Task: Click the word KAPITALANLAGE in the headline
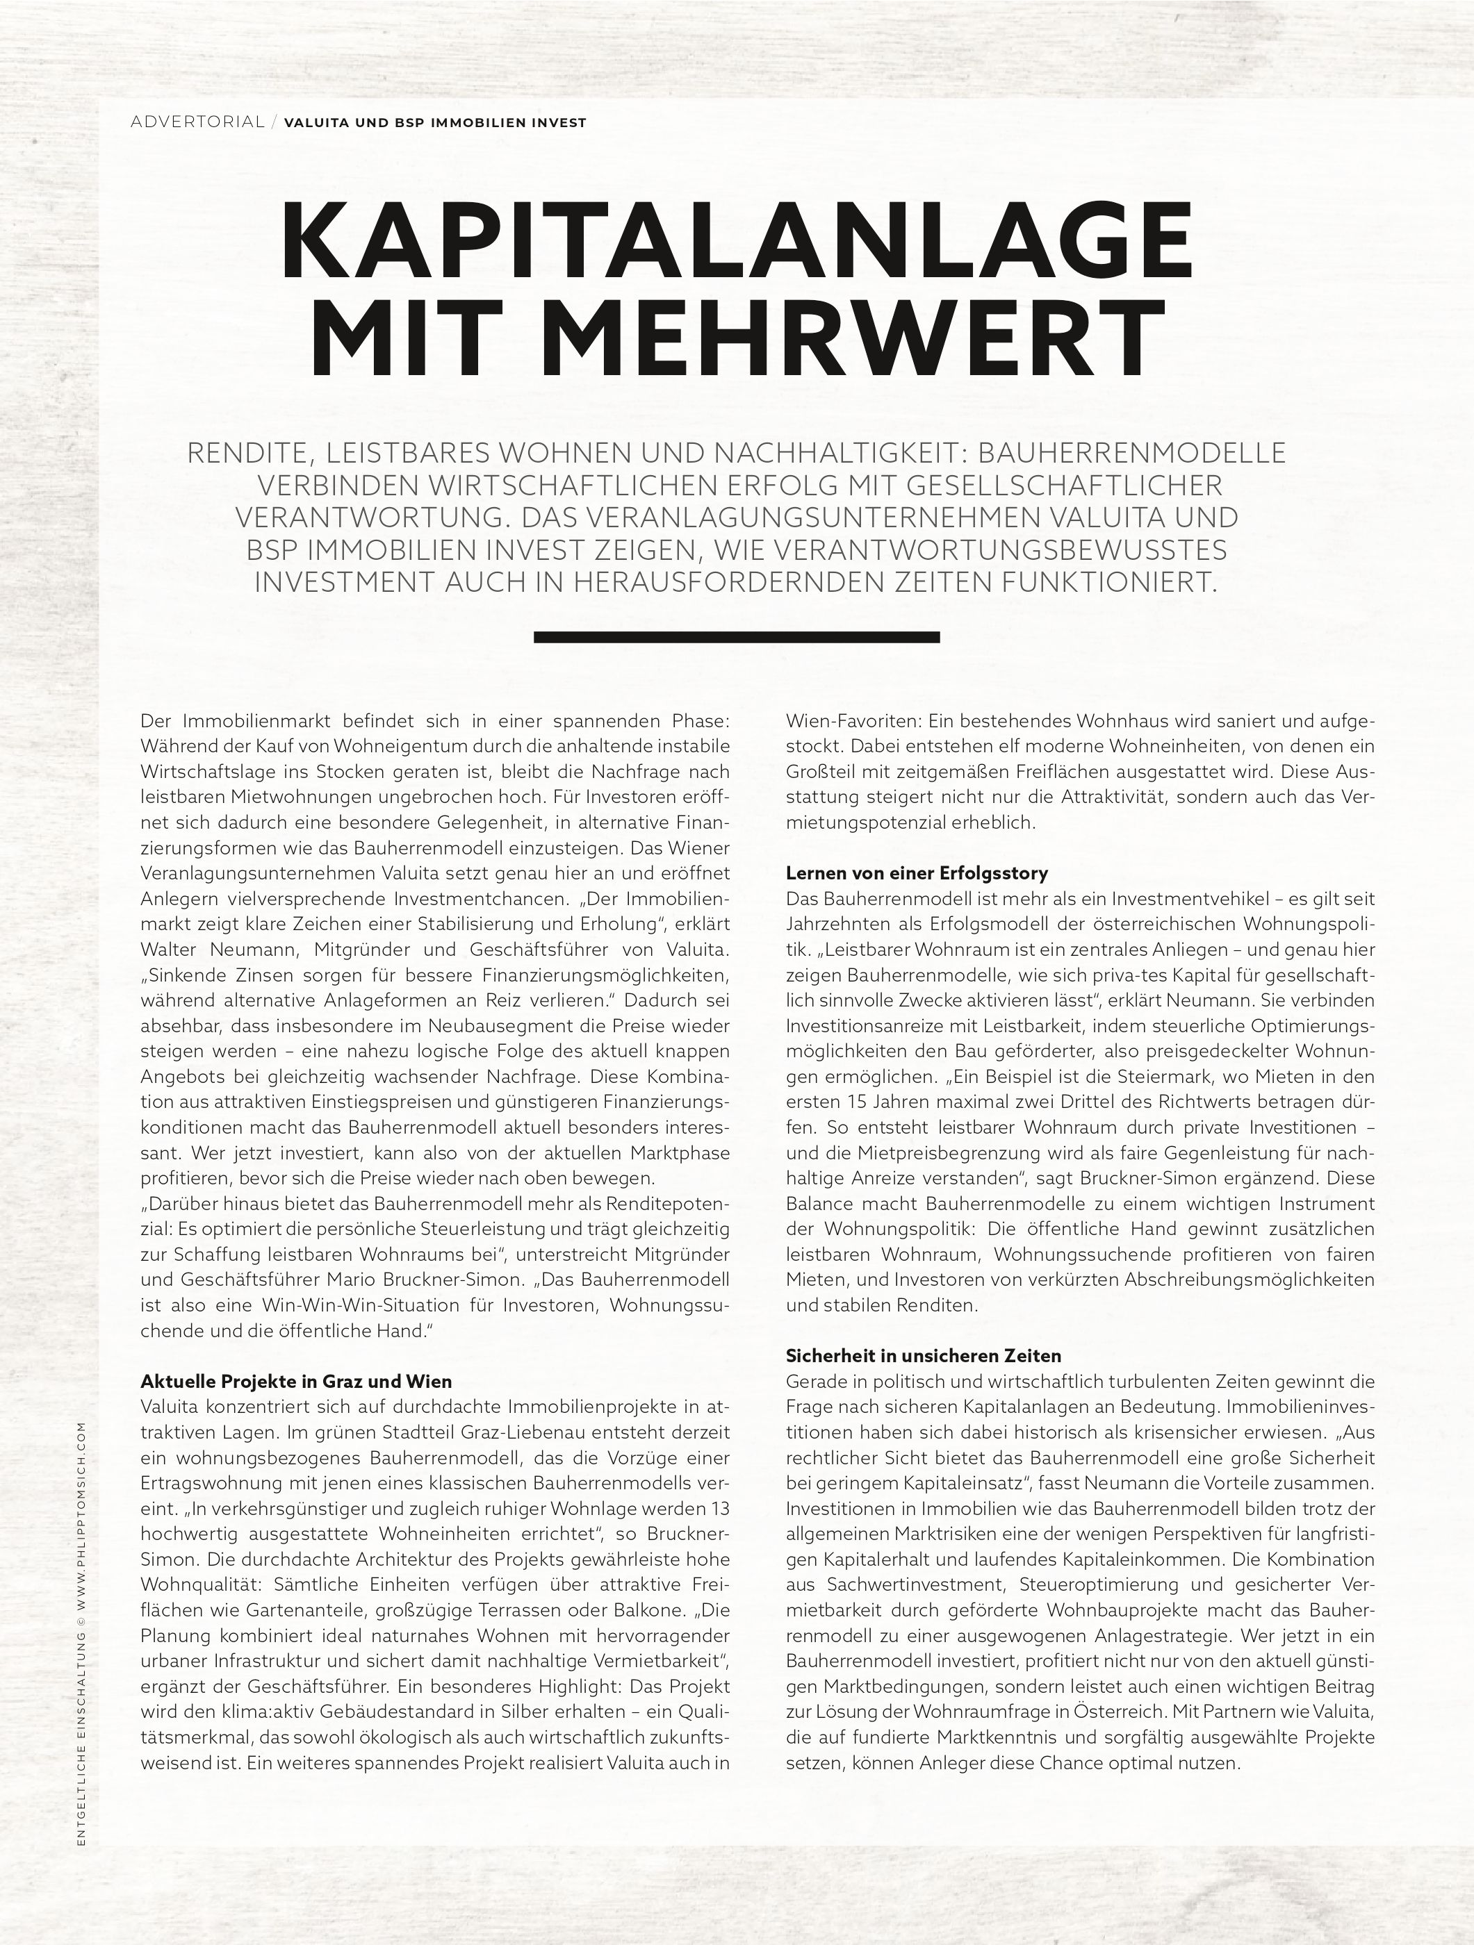pos(737,240)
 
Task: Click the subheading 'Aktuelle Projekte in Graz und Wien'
pos(295,1382)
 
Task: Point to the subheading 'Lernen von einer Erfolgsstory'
pos(917,873)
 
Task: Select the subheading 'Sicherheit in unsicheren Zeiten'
pos(924,1356)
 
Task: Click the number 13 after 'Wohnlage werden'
pos(719,1509)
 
